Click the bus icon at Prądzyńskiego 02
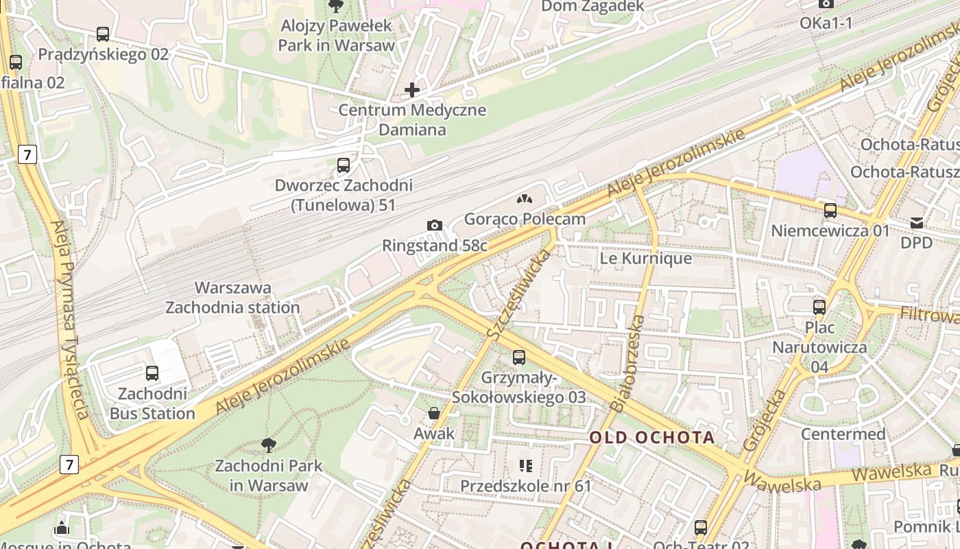tap(103, 34)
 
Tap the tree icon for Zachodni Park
tap(269, 445)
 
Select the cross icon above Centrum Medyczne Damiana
tap(412, 90)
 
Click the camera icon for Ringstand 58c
tap(434, 226)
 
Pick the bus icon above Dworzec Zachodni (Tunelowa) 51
tap(344, 165)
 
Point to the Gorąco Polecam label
tap(525, 219)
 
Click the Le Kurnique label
tap(645, 259)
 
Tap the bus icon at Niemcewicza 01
tap(830, 211)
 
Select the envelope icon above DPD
tap(917, 223)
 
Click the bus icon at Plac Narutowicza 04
tap(819, 307)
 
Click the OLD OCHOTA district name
tap(652, 437)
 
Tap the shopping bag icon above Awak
tap(434, 413)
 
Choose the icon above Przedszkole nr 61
tap(526, 467)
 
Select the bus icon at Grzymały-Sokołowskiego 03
tap(519, 358)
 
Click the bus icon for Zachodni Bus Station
tap(152, 373)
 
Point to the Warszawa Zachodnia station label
tap(232, 297)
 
